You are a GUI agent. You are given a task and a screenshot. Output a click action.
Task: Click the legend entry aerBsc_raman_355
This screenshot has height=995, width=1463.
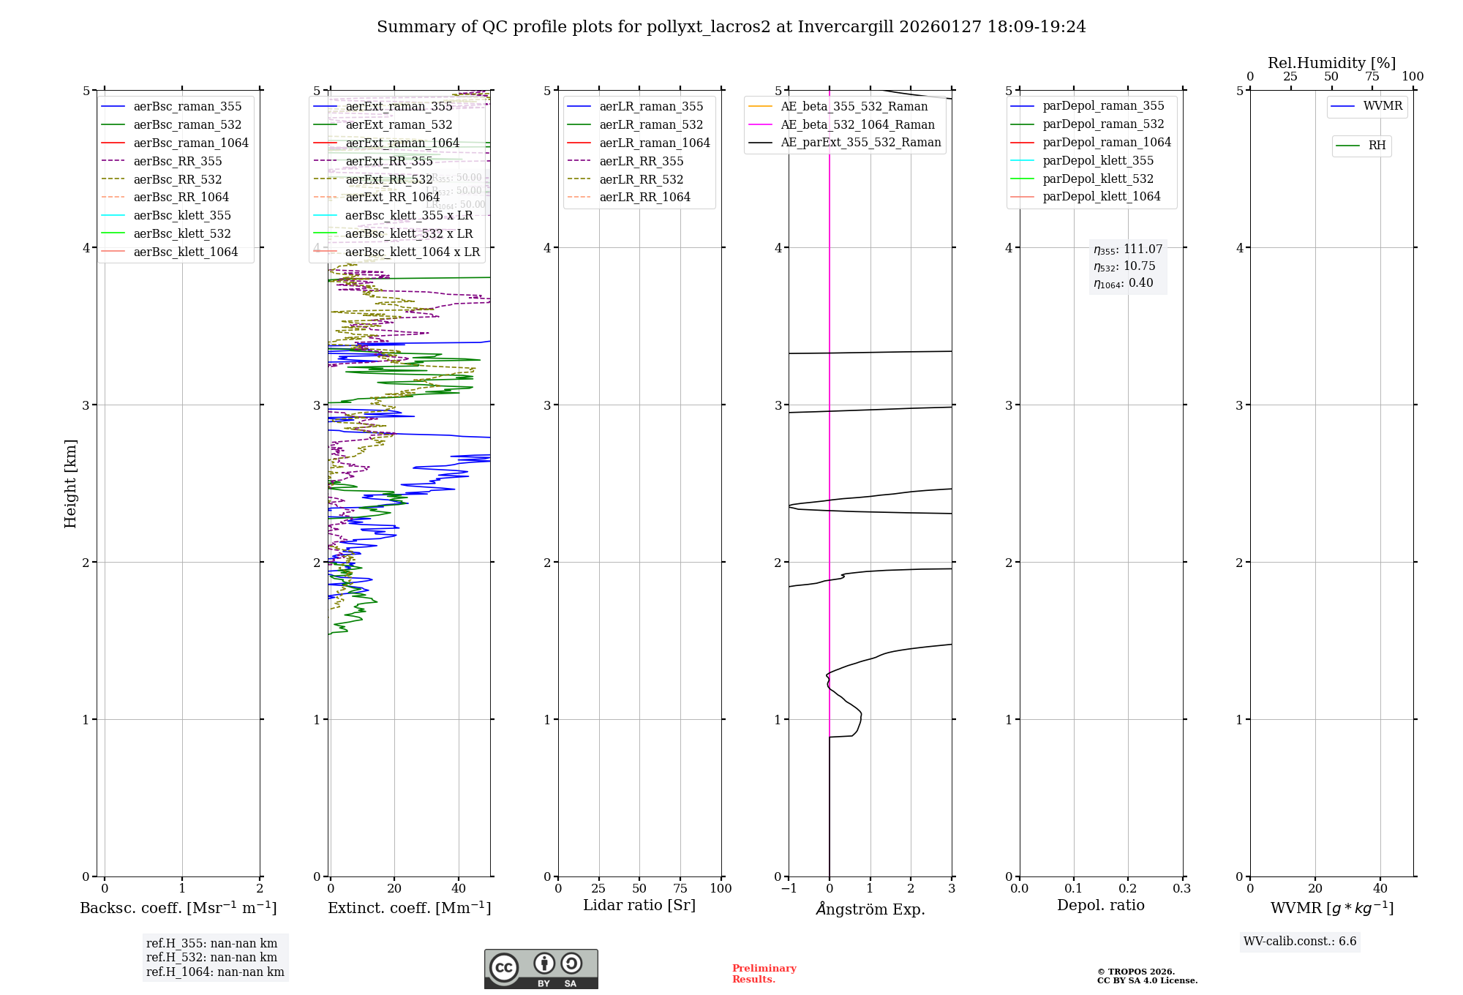point(187,107)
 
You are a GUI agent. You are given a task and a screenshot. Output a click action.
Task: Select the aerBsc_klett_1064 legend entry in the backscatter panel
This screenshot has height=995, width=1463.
point(185,252)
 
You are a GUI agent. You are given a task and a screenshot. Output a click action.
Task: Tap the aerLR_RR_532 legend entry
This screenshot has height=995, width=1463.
point(641,180)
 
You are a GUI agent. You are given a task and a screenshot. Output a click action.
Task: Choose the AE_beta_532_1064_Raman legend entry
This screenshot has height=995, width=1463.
point(857,125)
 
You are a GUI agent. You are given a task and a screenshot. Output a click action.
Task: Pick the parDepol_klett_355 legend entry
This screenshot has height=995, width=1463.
point(1098,161)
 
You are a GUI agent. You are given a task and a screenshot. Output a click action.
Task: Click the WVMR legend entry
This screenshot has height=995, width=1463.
point(1383,107)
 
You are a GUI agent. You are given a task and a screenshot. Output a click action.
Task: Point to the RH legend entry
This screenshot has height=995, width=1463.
point(1377,146)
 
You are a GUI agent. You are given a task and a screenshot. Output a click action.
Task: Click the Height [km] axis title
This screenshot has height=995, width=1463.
point(70,484)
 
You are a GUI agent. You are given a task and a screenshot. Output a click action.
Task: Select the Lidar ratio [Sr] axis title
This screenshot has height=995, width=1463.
point(639,906)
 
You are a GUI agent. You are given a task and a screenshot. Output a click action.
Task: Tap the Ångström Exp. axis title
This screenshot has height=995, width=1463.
point(870,909)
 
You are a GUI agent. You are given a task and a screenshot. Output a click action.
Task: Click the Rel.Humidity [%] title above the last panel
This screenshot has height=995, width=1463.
point(1331,63)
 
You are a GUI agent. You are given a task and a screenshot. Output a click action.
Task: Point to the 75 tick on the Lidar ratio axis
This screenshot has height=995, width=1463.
point(680,889)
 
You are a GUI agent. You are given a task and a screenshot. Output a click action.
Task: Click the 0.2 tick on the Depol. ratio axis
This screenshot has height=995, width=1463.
point(1128,889)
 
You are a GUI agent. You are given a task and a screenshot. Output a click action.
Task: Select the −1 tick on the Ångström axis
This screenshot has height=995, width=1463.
point(789,889)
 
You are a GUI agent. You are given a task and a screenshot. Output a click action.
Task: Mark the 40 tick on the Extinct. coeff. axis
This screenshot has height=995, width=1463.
point(459,889)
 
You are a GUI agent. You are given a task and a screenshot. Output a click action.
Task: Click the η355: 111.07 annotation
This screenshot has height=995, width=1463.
point(1128,249)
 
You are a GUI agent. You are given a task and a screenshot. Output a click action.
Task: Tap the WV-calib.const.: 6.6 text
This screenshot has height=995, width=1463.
point(1300,942)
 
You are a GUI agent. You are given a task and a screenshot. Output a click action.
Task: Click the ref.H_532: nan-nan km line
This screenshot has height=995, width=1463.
point(211,958)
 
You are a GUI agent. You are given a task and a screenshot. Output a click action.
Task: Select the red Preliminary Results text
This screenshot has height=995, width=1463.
point(764,974)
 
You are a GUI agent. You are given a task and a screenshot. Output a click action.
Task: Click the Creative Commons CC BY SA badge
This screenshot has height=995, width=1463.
point(541,969)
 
